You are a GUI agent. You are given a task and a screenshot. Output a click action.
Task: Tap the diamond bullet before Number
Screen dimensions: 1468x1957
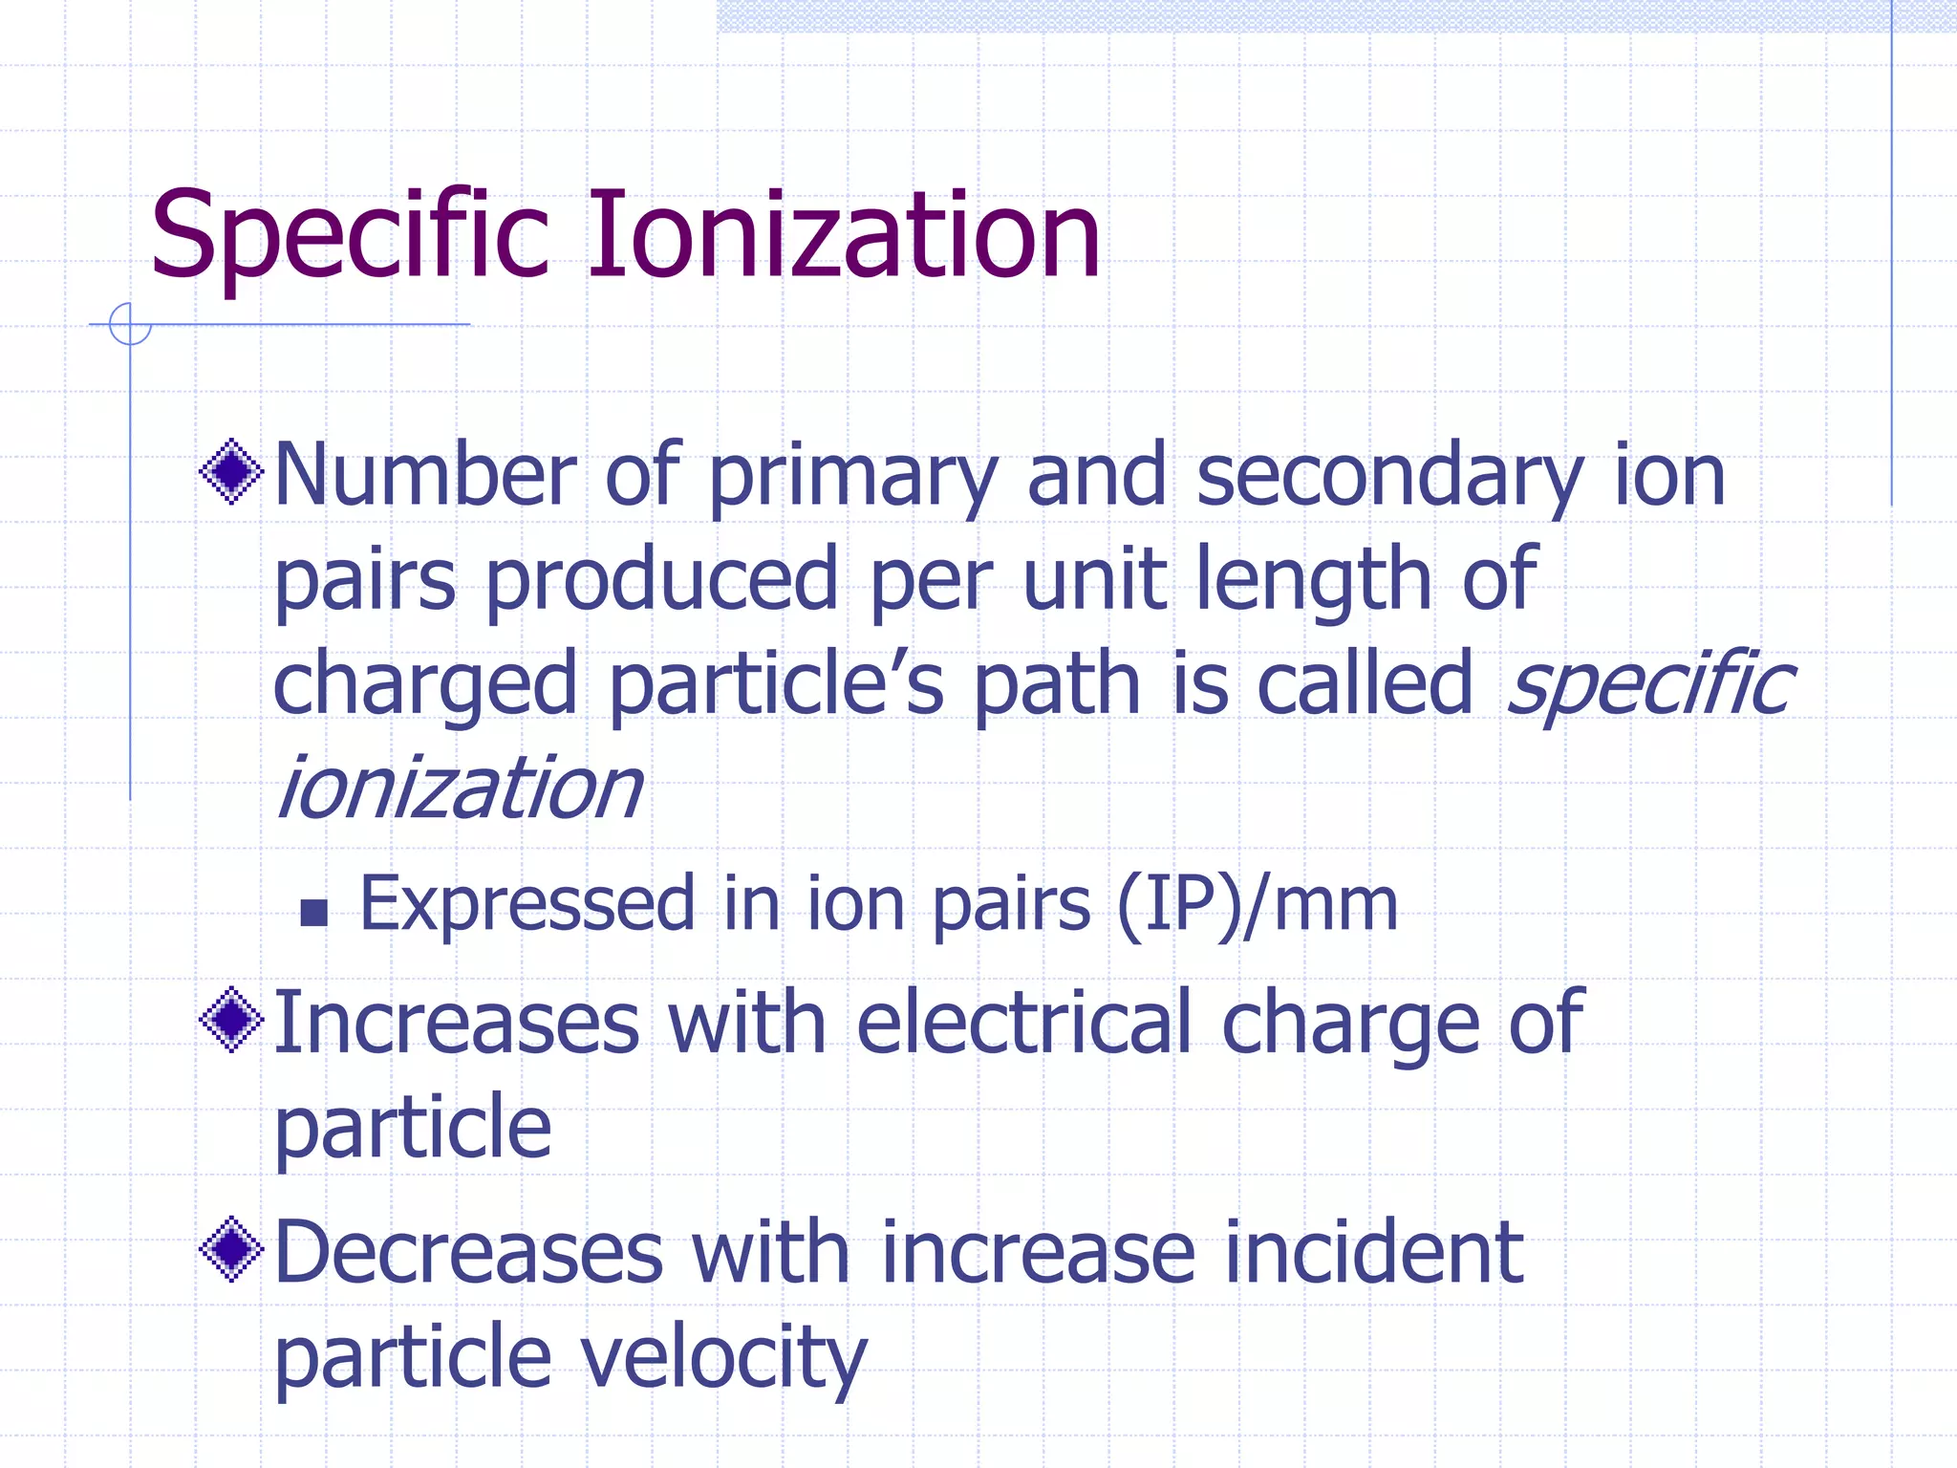point(231,471)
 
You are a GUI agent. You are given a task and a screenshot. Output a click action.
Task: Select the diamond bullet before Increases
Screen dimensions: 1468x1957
point(231,1020)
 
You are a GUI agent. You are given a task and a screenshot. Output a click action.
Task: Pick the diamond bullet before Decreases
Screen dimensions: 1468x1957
point(231,1249)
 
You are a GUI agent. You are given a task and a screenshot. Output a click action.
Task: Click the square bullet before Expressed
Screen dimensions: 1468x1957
point(313,913)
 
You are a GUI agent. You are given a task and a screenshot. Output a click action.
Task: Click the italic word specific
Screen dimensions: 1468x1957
point(1650,684)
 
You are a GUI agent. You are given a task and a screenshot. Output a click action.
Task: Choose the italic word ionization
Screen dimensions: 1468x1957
point(459,788)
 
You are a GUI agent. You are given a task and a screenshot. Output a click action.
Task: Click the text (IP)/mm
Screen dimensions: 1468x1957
point(1258,904)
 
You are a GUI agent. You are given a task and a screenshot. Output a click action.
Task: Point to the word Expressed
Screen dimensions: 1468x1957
point(527,904)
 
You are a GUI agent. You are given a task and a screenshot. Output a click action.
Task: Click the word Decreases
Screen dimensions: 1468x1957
point(468,1253)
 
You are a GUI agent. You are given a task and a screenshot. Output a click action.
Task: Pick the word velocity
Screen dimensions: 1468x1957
point(724,1357)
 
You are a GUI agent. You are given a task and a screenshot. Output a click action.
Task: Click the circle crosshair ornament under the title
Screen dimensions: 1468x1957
point(130,324)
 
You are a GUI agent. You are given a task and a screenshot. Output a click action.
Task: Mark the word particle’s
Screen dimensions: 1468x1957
point(776,684)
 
